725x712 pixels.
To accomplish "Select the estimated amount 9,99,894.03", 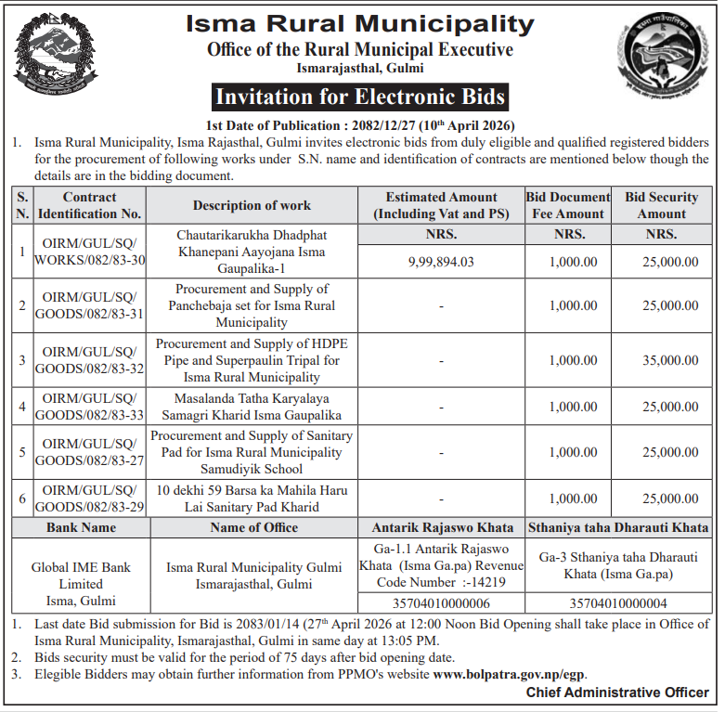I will coord(441,262).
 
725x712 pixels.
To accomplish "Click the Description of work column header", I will coord(252,205).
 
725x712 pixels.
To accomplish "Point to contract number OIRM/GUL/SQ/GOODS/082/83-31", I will coord(90,305).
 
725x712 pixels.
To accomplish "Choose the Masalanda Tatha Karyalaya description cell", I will coord(252,407).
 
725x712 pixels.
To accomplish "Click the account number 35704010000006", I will coord(441,602).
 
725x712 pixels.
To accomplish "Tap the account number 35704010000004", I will coord(617,602).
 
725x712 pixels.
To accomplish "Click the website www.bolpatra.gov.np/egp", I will coord(510,675).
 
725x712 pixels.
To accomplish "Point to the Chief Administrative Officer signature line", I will coord(617,693).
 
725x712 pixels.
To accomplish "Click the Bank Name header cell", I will coord(81,527).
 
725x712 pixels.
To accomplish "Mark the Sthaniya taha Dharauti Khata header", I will coord(617,527).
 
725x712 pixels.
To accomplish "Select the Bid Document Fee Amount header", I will coord(567,205).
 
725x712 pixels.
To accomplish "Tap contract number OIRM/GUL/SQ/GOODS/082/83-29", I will coord(90,498).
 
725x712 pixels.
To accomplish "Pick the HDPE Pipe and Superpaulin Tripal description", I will coord(252,359).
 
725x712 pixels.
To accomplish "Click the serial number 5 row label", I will coord(22,452).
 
